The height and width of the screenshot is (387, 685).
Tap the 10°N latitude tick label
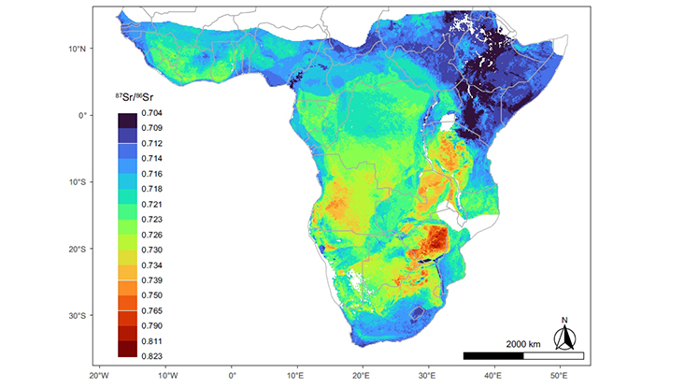tap(76, 49)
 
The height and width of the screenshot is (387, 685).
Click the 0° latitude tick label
tap(82, 116)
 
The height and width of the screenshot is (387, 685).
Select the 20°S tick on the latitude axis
tap(76, 249)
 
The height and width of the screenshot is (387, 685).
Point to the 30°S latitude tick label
tap(76, 316)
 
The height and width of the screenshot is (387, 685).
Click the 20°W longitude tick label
tap(100, 375)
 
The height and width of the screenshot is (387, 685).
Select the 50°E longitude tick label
tap(558, 375)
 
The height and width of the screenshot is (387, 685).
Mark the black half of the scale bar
tap(493, 356)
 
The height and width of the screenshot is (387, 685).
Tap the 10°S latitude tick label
tap(76, 182)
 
